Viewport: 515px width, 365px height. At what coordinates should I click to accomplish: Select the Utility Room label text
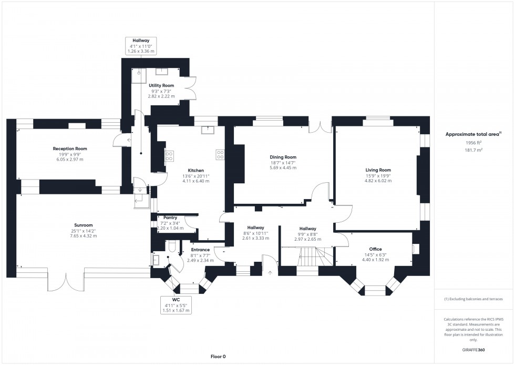pyautogui.click(x=161, y=85)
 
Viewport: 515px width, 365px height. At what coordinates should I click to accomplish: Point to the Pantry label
pyautogui.click(x=170, y=218)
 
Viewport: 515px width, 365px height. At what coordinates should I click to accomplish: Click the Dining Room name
pyautogui.click(x=283, y=157)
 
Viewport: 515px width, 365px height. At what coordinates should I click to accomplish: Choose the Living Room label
pyautogui.click(x=378, y=170)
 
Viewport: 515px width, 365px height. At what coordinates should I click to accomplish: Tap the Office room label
pyautogui.click(x=375, y=249)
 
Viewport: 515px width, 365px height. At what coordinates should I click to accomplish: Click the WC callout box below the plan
pyautogui.click(x=176, y=304)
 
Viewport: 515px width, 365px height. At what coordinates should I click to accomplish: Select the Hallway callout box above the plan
pyautogui.click(x=141, y=45)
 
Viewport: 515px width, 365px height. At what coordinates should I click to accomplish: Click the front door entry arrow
pyautogui.click(x=271, y=273)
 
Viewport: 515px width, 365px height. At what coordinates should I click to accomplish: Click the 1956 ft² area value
pyautogui.click(x=473, y=143)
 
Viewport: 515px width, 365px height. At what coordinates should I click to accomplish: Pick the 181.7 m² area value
pyautogui.click(x=473, y=150)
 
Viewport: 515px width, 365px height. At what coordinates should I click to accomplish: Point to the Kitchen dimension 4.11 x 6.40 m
pyautogui.click(x=195, y=181)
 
